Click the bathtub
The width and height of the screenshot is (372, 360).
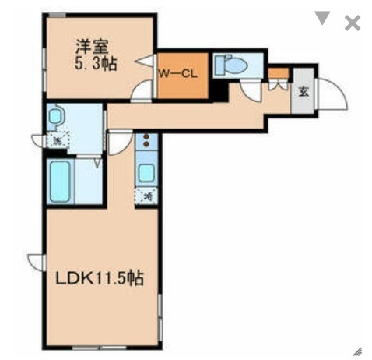[x=61, y=182]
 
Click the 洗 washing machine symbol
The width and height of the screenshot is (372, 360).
[x=57, y=141]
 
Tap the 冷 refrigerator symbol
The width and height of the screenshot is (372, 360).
[x=146, y=197]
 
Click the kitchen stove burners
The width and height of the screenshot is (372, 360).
[x=146, y=143]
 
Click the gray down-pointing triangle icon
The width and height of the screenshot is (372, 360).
[x=323, y=19]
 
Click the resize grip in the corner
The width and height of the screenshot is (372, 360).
[x=356, y=350]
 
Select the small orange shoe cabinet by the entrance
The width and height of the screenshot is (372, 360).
[x=277, y=74]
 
